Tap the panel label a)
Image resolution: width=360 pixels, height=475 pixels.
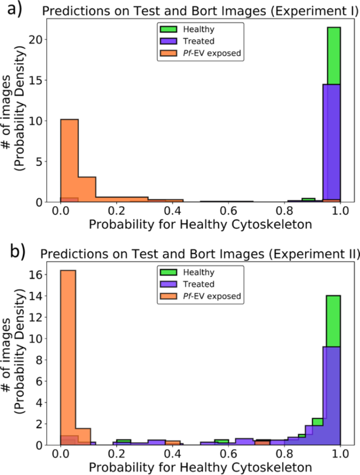click(x=11, y=8)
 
